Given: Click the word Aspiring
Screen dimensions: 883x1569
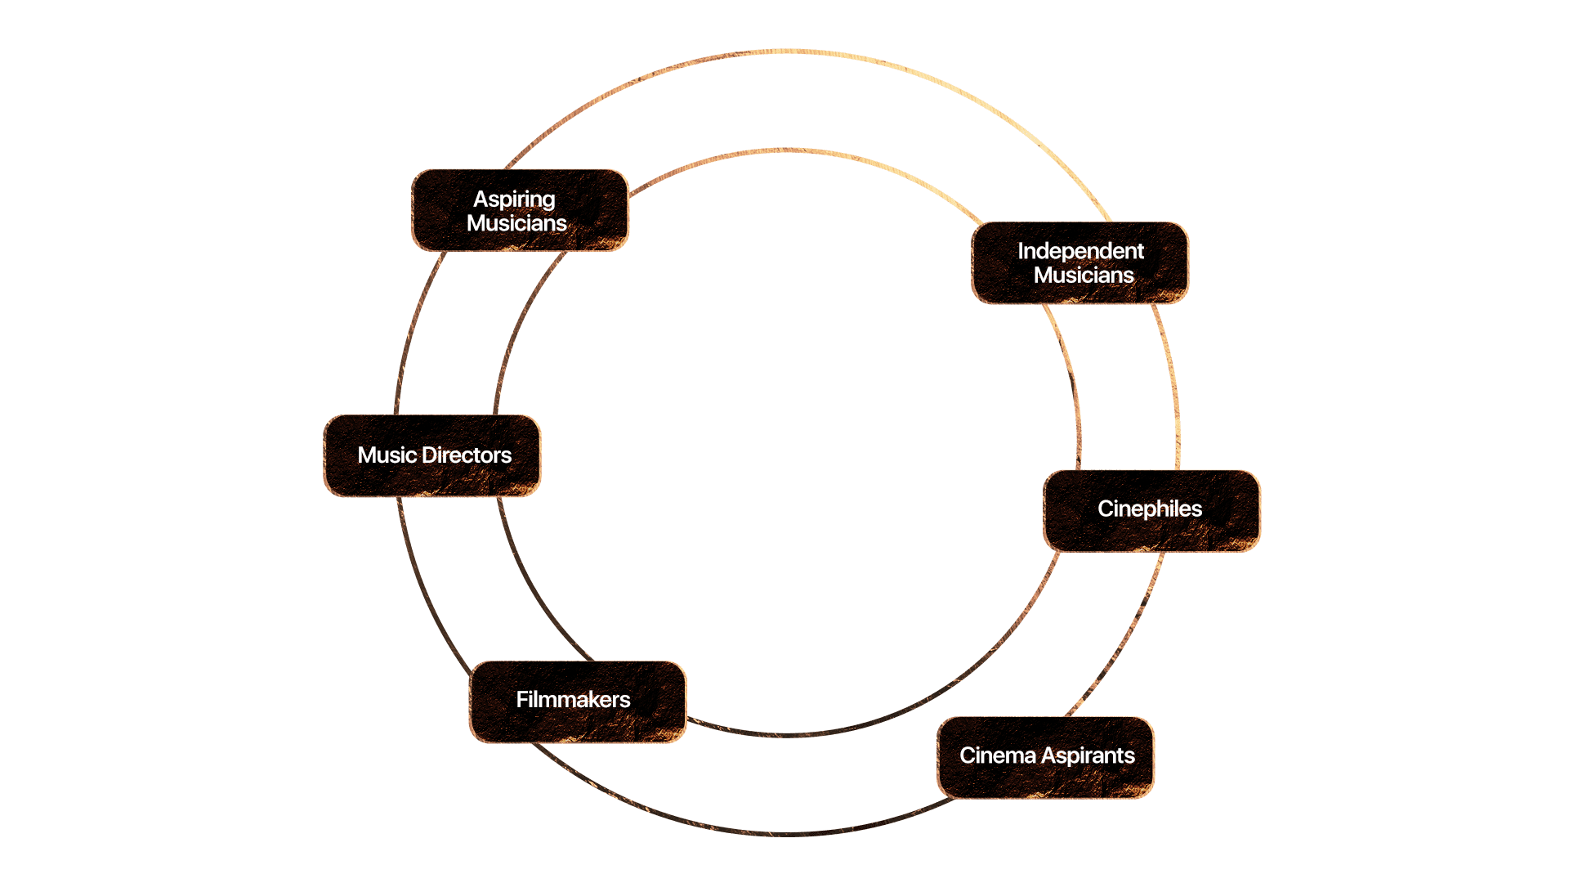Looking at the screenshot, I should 514,199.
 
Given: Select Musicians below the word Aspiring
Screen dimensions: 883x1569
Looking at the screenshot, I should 516,223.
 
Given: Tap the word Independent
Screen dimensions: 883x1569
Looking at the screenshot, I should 1080,251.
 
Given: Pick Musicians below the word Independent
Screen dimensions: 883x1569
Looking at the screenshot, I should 1084,276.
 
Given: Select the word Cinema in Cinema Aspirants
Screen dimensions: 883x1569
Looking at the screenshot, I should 998,755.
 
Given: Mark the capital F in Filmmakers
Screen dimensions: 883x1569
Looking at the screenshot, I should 521,700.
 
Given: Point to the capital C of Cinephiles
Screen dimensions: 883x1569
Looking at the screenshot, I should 1106,509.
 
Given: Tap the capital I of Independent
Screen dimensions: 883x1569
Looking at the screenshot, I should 1021,251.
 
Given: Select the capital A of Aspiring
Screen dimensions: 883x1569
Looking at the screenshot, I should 481,199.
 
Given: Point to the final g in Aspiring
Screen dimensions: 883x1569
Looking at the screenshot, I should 547,202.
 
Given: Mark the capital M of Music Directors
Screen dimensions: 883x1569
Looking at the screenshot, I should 368,455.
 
